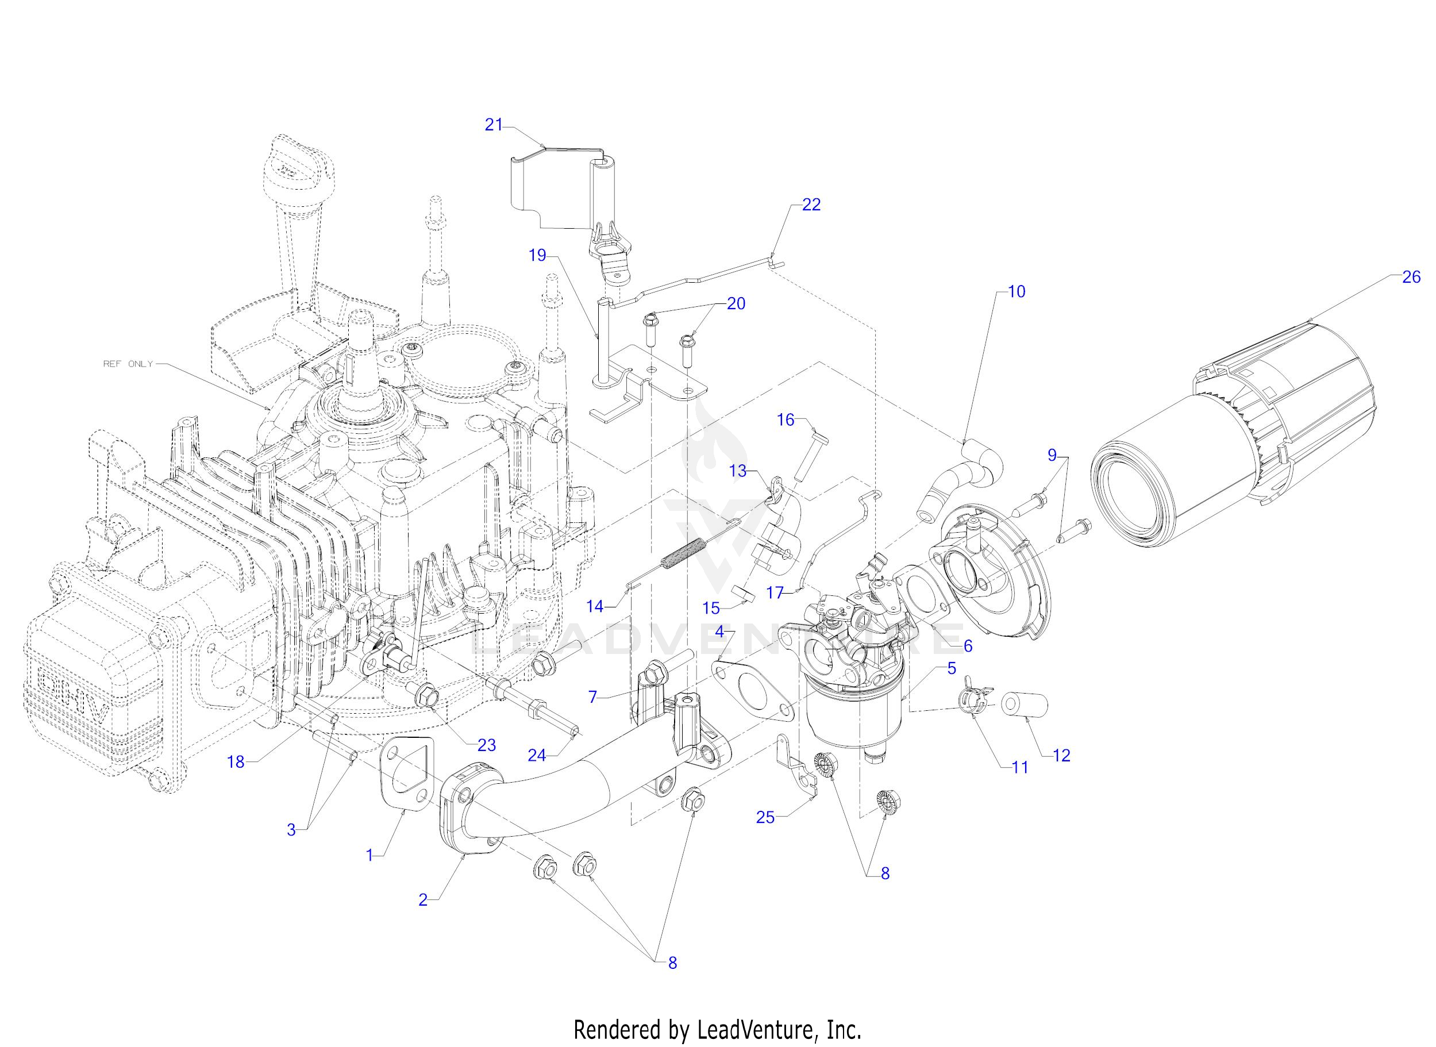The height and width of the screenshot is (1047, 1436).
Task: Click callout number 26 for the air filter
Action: [1411, 277]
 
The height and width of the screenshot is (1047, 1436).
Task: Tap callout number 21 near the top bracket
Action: [494, 125]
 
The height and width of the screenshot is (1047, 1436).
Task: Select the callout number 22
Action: [811, 205]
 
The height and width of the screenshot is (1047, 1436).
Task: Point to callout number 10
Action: [1016, 291]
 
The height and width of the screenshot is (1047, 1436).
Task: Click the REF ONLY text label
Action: [128, 364]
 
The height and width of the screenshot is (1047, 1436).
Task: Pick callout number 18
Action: [236, 762]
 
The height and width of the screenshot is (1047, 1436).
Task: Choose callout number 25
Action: [765, 818]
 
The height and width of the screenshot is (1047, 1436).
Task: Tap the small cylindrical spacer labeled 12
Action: [1023, 705]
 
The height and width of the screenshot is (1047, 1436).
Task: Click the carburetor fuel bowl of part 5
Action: [854, 719]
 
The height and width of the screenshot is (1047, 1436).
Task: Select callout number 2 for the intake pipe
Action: [423, 899]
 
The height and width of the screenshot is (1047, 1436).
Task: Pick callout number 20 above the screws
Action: [736, 303]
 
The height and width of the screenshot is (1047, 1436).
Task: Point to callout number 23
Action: [486, 745]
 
